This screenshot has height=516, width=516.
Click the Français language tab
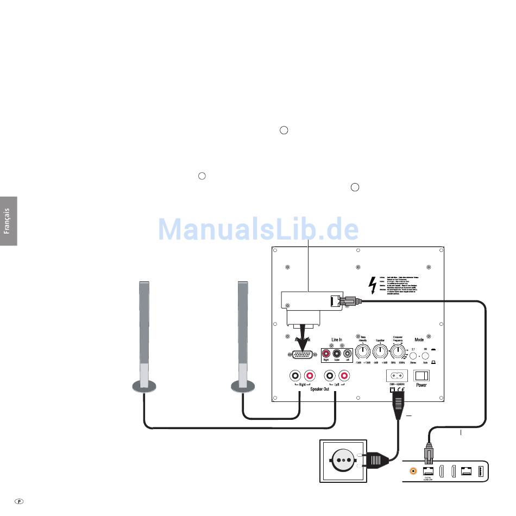pos(8,221)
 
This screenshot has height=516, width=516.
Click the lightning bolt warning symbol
pos(373,285)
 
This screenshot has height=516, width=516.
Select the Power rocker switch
pos(421,375)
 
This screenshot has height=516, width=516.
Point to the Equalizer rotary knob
pos(381,353)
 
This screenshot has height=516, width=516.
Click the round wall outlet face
pos(343,460)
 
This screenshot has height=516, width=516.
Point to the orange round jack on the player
pos(414,471)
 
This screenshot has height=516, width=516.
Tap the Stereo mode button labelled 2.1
pos(413,357)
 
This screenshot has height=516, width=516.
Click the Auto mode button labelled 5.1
pos(425,357)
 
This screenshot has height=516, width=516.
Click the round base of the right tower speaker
pos(242,386)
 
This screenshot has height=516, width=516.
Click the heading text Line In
pos(336,340)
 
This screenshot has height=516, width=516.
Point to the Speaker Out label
pos(320,389)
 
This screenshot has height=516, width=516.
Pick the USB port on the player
pos(481,471)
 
